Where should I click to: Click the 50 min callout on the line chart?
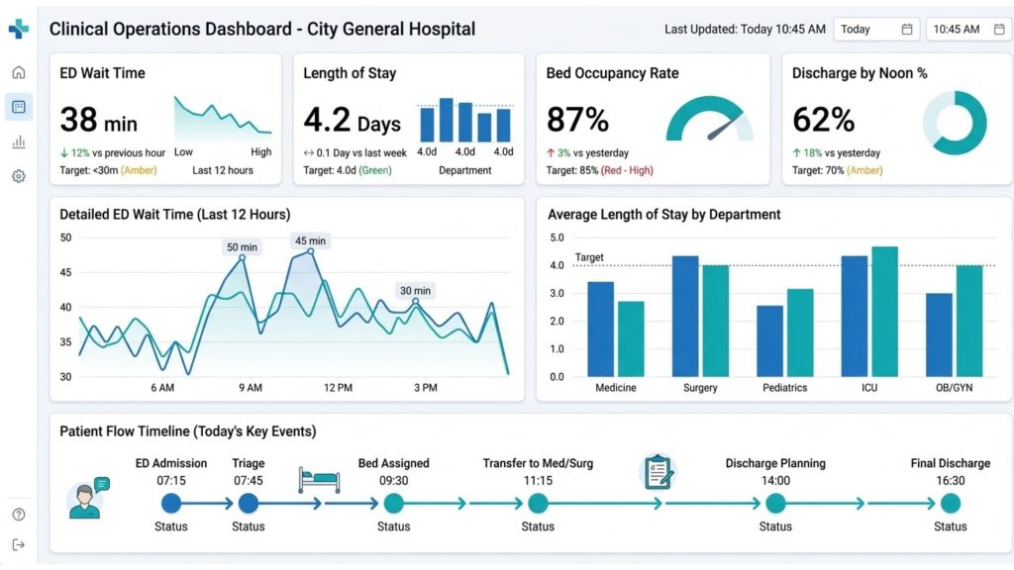[242, 247]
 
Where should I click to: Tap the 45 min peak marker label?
[309, 240]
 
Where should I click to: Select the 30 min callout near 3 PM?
[415, 290]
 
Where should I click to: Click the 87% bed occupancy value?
[577, 120]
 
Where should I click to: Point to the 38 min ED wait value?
[98, 120]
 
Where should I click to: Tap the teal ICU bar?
[884, 311]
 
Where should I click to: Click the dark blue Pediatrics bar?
[770, 340]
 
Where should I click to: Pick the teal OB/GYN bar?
[969, 321]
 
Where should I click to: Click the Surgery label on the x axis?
[700, 388]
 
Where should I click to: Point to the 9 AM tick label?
[250, 388]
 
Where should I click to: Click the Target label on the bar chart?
[589, 257]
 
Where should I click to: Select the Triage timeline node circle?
[249, 503]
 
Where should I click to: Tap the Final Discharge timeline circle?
[950, 503]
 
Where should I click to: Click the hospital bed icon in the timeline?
[318, 480]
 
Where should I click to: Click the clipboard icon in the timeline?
[658, 471]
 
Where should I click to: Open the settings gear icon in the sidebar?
[19, 176]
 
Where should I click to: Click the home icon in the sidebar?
[19, 72]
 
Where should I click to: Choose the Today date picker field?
[875, 30]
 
